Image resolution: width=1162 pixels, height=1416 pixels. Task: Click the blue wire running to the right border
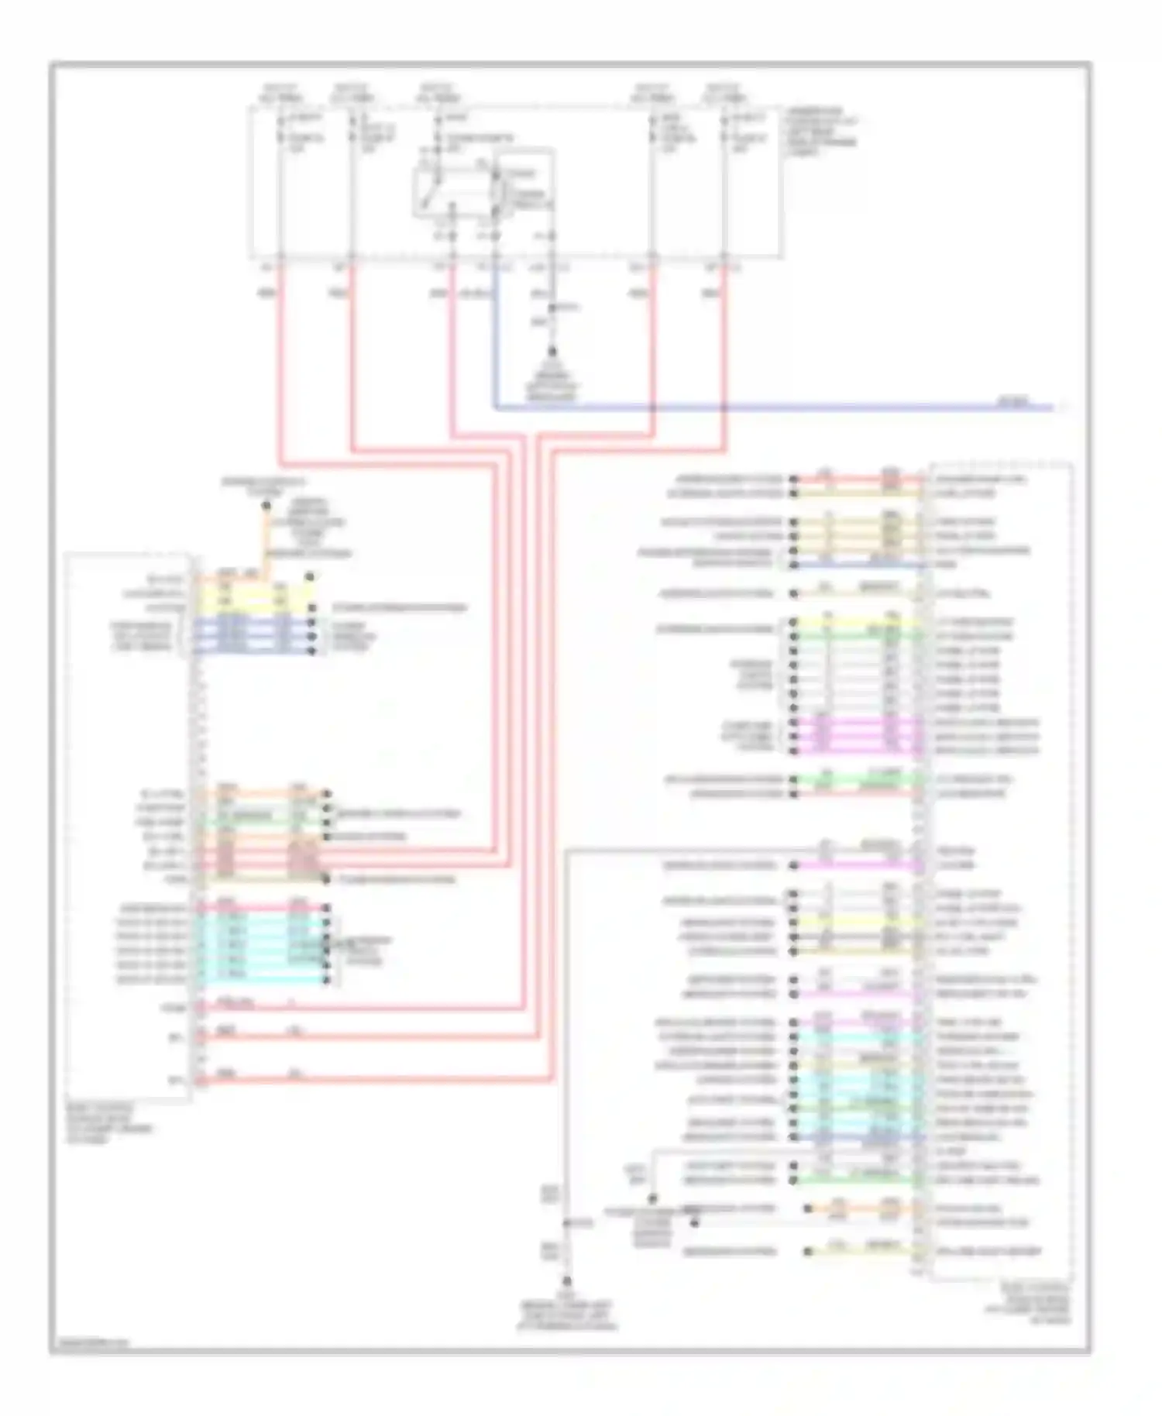pos(775,407)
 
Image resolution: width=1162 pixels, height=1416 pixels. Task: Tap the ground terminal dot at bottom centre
pos(567,1281)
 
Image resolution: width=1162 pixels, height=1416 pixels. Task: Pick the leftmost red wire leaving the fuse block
pos(279,356)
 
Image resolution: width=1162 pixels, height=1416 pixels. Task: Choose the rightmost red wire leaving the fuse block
pos(725,356)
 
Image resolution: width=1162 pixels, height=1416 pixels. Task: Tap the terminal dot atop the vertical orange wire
pos(266,506)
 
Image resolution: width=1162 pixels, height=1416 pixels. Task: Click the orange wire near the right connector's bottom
pos(860,1208)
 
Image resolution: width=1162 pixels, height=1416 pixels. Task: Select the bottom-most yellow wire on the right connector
pos(860,1252)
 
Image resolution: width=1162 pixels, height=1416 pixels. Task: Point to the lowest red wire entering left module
pos(372,1079)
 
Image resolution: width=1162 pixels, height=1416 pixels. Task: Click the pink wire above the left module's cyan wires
pos(263,908)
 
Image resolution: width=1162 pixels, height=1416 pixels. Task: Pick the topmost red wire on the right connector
pos(860,479)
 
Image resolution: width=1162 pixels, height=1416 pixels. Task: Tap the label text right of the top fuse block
pos(821,132)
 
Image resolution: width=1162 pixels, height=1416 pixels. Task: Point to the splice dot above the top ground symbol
pos(552,308)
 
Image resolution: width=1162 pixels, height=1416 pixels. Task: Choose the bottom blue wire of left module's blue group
pos(256,651)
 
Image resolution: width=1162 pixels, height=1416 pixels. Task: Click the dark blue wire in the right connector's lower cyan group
pos(860,1138)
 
